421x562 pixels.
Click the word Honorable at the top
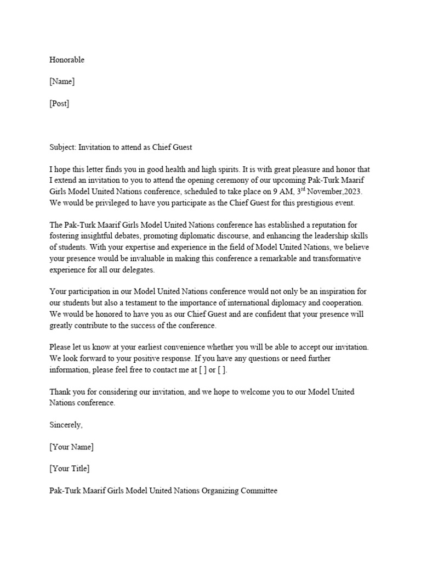click(x=67, y=60)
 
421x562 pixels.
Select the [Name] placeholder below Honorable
click(x=62, y=81)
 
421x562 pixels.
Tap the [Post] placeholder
click(x=59, y=103)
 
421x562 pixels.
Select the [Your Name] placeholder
click(x=71, y=447)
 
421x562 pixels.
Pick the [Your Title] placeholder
click(x=70, y=468)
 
